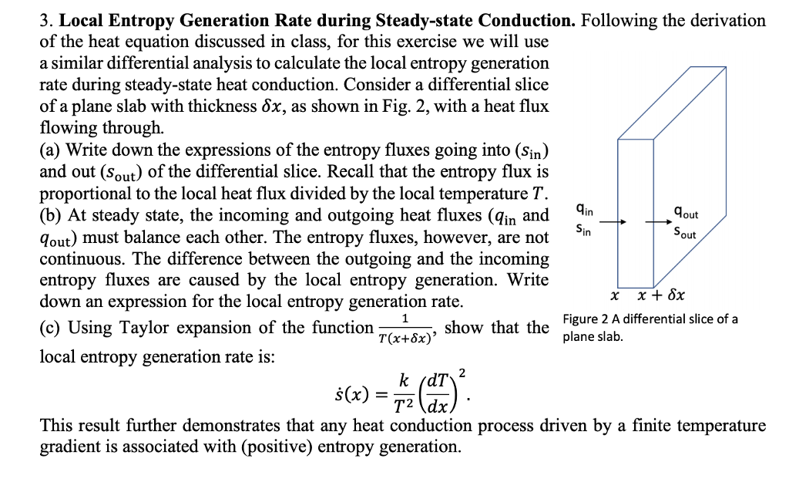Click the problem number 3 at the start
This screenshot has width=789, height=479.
[44, 21]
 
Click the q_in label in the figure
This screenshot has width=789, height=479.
[585, 208]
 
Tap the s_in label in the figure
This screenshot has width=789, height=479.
[585, 228]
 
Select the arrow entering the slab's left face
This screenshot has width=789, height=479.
[611, 223]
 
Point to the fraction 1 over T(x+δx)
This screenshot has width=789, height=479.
[405, 329]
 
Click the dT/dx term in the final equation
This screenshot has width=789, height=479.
[437, 390]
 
